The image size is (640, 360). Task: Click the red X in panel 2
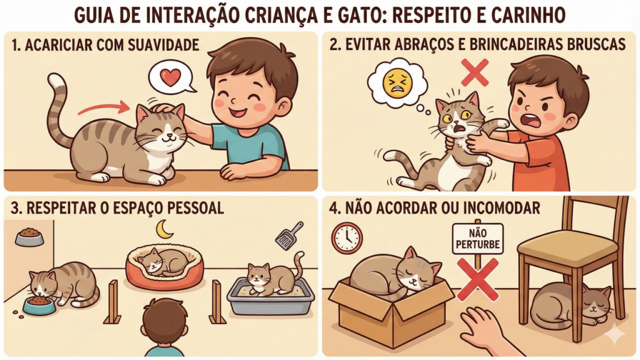tap(475, 72)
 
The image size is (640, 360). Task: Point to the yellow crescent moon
tap(164, 229)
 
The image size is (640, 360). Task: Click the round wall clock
tap(347, 238)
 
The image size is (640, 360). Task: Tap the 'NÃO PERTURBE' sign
tap(477, 239)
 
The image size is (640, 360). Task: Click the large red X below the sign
tap(477, 277)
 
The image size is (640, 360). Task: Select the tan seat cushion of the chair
tap(567, 245)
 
